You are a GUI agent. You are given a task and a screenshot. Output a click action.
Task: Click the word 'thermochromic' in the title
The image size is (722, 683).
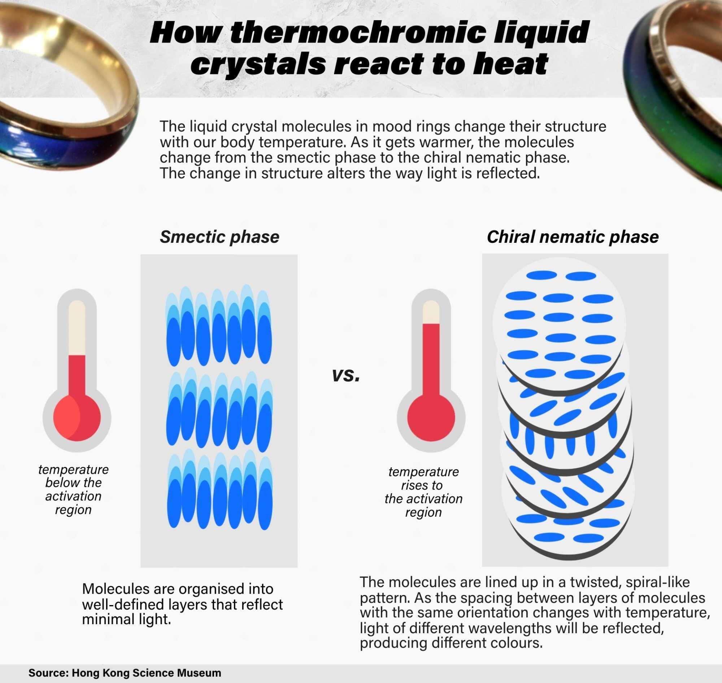[x=358, y=33]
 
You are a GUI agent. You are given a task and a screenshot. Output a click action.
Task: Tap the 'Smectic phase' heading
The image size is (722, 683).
[x=219, y=237]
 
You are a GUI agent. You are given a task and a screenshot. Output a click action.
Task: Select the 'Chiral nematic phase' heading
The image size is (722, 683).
[x=573, y=237]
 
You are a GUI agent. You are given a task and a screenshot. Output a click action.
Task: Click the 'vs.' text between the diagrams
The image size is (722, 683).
[x=346, y=375]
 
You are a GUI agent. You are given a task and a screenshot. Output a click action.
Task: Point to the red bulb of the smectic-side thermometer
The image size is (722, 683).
[x=77, y=417]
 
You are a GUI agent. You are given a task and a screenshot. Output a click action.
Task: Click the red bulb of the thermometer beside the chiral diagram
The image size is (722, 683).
[x=431, y=417]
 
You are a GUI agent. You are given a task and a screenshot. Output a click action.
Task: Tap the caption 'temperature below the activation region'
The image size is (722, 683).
[x=73, y=489]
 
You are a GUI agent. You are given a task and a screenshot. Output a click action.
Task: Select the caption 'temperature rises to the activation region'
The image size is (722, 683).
[x=423, y=492]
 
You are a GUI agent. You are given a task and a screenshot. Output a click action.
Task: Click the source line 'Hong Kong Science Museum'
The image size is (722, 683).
[x=147, y=673]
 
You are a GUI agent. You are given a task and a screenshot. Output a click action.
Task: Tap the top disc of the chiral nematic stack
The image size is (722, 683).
[x=559, y=324]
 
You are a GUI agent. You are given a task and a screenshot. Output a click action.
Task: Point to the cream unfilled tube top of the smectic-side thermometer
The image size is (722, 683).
[x=77, y=327]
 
